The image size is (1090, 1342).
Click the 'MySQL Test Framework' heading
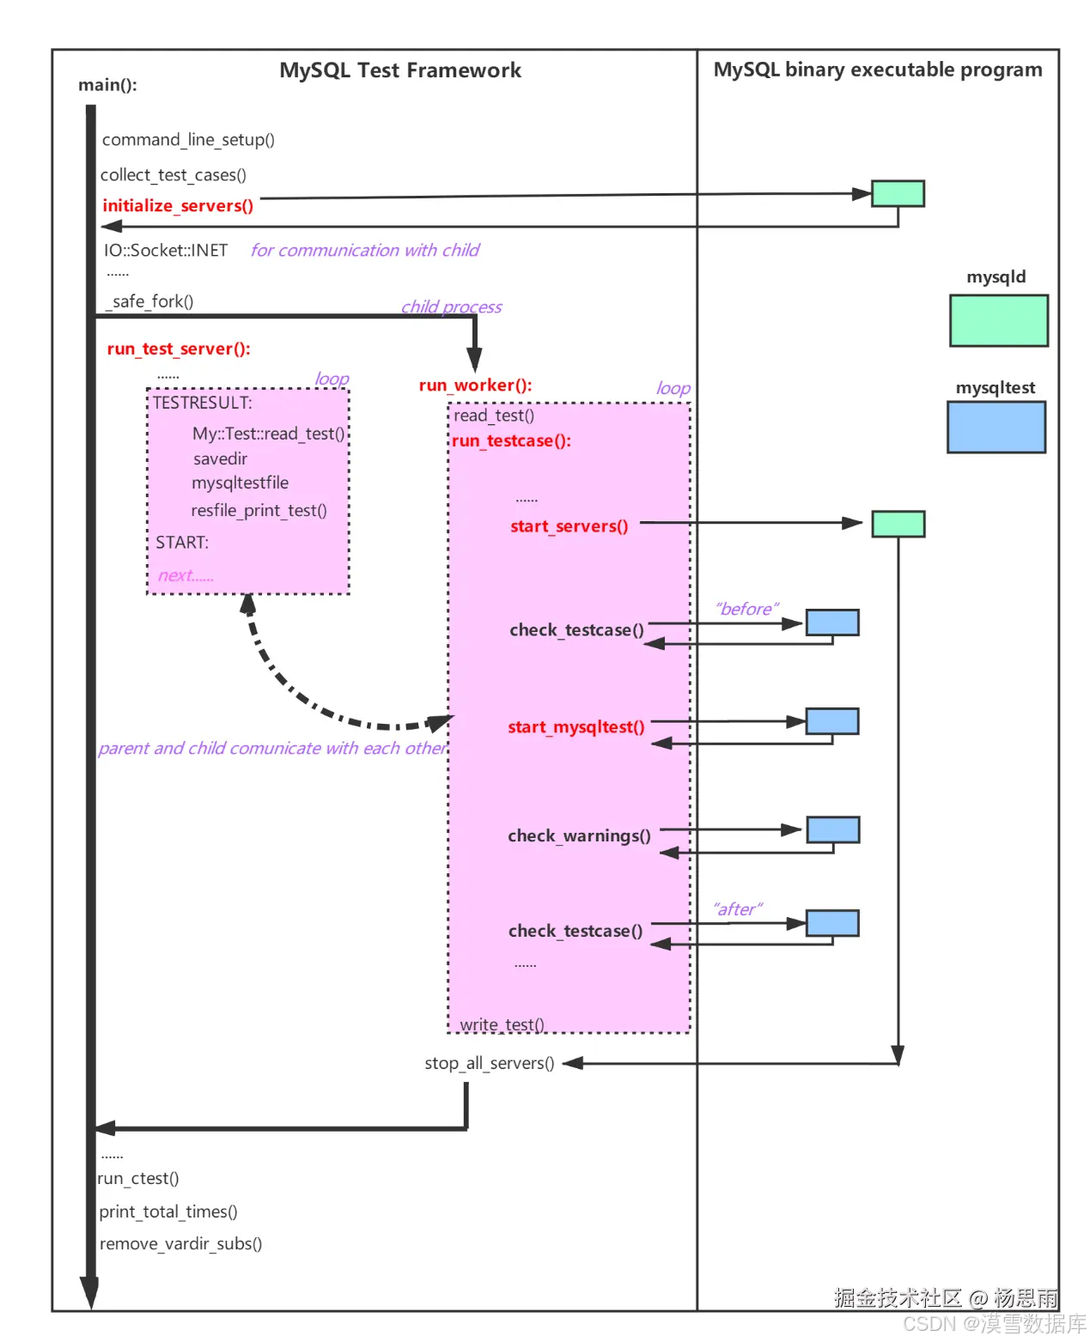pyautogui.click(x=400, y=70)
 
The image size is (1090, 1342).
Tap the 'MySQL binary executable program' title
pyautogui.click(x=878, y=70)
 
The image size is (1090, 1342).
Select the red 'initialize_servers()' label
pyautogui.click(x=178, y=206)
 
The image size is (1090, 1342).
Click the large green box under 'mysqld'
pyautogui.click(x=998, y=321)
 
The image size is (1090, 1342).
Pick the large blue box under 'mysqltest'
pyautogui.click(x=996, y=427)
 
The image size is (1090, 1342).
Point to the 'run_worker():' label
pyautogui.click(x=475, y=386)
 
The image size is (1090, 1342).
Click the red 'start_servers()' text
pyautogui.click(x=569, y=526)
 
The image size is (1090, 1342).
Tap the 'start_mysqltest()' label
pyautogui.click(x=575, y=727)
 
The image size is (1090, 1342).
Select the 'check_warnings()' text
pyautogui.click(x=579, y=836)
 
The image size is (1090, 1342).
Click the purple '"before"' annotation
pyautogui.click(x=746, y=609)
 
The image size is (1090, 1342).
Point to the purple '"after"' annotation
pyautogui.click(x=737, y=909)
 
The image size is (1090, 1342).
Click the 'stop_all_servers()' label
pyautogui.click(x=489, y=1063)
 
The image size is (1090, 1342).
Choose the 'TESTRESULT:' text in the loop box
pyautogui.click(x=203, y=403)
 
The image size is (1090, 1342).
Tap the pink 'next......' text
pyautogui.click(x=186, y=575)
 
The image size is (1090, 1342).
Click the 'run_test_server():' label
pyautogui.click(x=179, y=349)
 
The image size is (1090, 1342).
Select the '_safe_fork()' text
pyautogui.click(x=149, y=301)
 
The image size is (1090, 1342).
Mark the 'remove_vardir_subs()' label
pyautogui.click(x=180, y=1243)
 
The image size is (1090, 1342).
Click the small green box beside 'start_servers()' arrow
pyautogui.click(x=898, y=524)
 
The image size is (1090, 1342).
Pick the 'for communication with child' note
pyautogui.click(x=365, y=250)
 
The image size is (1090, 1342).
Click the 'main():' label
pyautogui.click(x=107, y=85)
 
